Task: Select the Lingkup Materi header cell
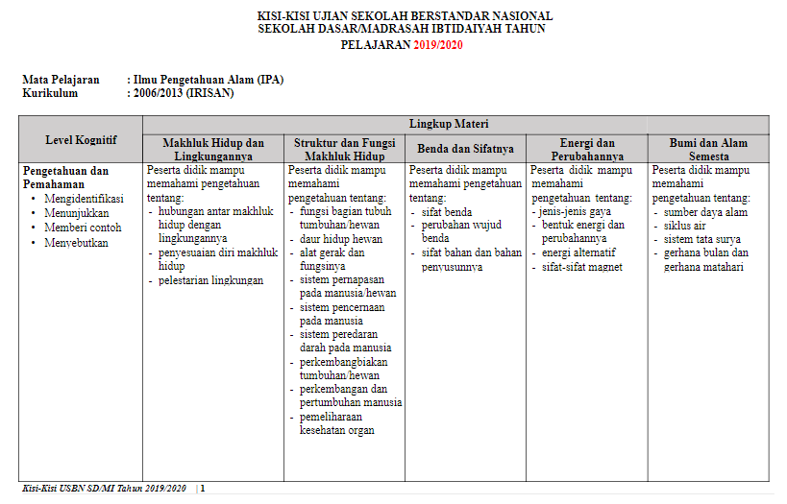coord(455,125)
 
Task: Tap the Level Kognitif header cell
coord(82,139)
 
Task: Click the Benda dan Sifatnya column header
coord(465,149)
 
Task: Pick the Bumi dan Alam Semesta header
coord(708,149)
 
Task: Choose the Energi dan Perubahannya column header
coord(586,149)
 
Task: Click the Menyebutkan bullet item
coord(76,243)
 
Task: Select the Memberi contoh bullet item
coord(83,228)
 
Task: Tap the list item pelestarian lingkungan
coord(210,280)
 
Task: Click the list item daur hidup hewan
coord(341,239)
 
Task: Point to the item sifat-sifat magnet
coord(582,267)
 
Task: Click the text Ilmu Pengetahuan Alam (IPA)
coord(208,80)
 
